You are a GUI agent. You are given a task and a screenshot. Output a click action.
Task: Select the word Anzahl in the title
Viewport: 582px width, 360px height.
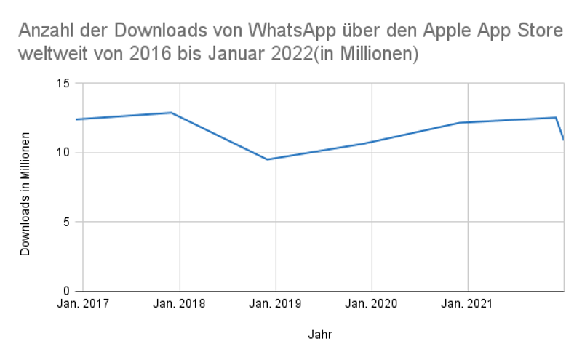tap(45, 32)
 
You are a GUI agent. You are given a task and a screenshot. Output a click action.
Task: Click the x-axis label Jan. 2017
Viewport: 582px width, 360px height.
tap(83, 304)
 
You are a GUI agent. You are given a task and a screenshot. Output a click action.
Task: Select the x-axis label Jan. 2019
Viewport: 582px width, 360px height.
tap(276, 304)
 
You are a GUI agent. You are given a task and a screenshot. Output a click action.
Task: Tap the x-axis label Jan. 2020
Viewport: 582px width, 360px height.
tap(372, 304)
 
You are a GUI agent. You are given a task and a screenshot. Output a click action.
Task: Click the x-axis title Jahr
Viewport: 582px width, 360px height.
tap(320, 335)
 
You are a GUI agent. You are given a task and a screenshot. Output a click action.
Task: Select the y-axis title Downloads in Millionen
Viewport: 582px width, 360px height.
tap(25, 193)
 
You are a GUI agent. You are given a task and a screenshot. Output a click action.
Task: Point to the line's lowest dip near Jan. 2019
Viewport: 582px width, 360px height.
tap(268, 159)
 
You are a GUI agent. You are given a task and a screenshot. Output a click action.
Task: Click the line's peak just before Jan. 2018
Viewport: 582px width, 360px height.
tap(171, 113)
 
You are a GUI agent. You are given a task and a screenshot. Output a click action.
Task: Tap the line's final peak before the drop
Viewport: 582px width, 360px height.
tap(556, 117)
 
